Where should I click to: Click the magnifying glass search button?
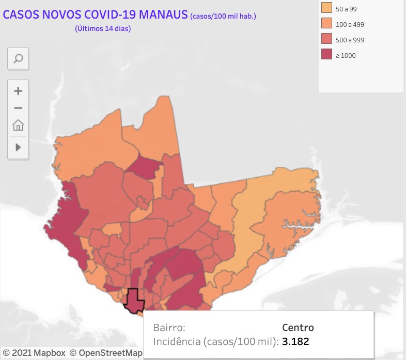pos(18,58)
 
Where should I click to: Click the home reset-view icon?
pos(18,125)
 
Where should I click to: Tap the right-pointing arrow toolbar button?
pos(18,147)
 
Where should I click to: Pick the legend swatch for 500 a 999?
pos(326,39)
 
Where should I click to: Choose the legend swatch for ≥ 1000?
pos(326,55)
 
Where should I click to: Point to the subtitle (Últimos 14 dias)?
pos(103,29)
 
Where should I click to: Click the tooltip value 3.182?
pos(296,341)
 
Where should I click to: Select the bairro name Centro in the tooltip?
pos(298,327)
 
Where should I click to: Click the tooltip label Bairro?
pos(169,327)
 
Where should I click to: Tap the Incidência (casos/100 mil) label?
pos(216,341)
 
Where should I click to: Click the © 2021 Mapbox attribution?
pos(34,353)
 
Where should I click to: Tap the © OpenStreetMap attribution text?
pos(106,353)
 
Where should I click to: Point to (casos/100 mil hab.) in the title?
pos(223,16)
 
